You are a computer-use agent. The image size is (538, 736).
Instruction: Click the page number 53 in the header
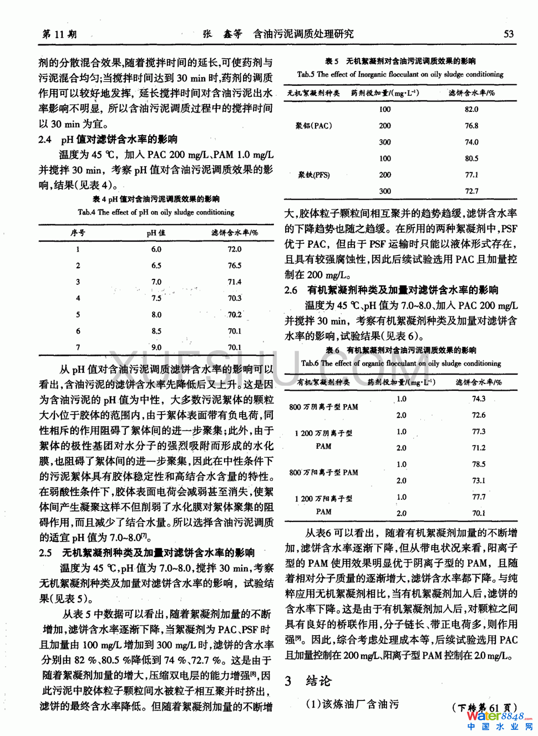(508, 34)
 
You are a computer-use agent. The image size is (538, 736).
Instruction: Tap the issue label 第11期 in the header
(59, 34)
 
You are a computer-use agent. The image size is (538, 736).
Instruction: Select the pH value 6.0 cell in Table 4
(156, 249)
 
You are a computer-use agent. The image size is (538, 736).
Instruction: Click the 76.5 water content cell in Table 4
(235, 265)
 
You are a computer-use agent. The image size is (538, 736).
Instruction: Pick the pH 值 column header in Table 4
(156, 233)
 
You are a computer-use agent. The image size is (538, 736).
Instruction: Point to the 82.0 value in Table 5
(471, 109)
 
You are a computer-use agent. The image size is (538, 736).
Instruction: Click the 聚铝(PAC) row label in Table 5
(314, 126)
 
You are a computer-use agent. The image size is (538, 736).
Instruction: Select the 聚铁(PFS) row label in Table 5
(314, 175)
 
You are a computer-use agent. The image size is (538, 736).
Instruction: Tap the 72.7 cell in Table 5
(471, 191)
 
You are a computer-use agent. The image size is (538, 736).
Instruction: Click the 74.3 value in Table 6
(479, 398)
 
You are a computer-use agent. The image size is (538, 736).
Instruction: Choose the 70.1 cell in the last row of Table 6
(479, 513)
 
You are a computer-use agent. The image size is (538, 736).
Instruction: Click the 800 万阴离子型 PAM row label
(323, 407)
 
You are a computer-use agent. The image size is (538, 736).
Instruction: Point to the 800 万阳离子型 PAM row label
(323, 472)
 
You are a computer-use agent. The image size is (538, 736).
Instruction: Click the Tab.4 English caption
(156, 212)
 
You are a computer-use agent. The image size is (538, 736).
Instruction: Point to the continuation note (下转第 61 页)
(485, 707)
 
